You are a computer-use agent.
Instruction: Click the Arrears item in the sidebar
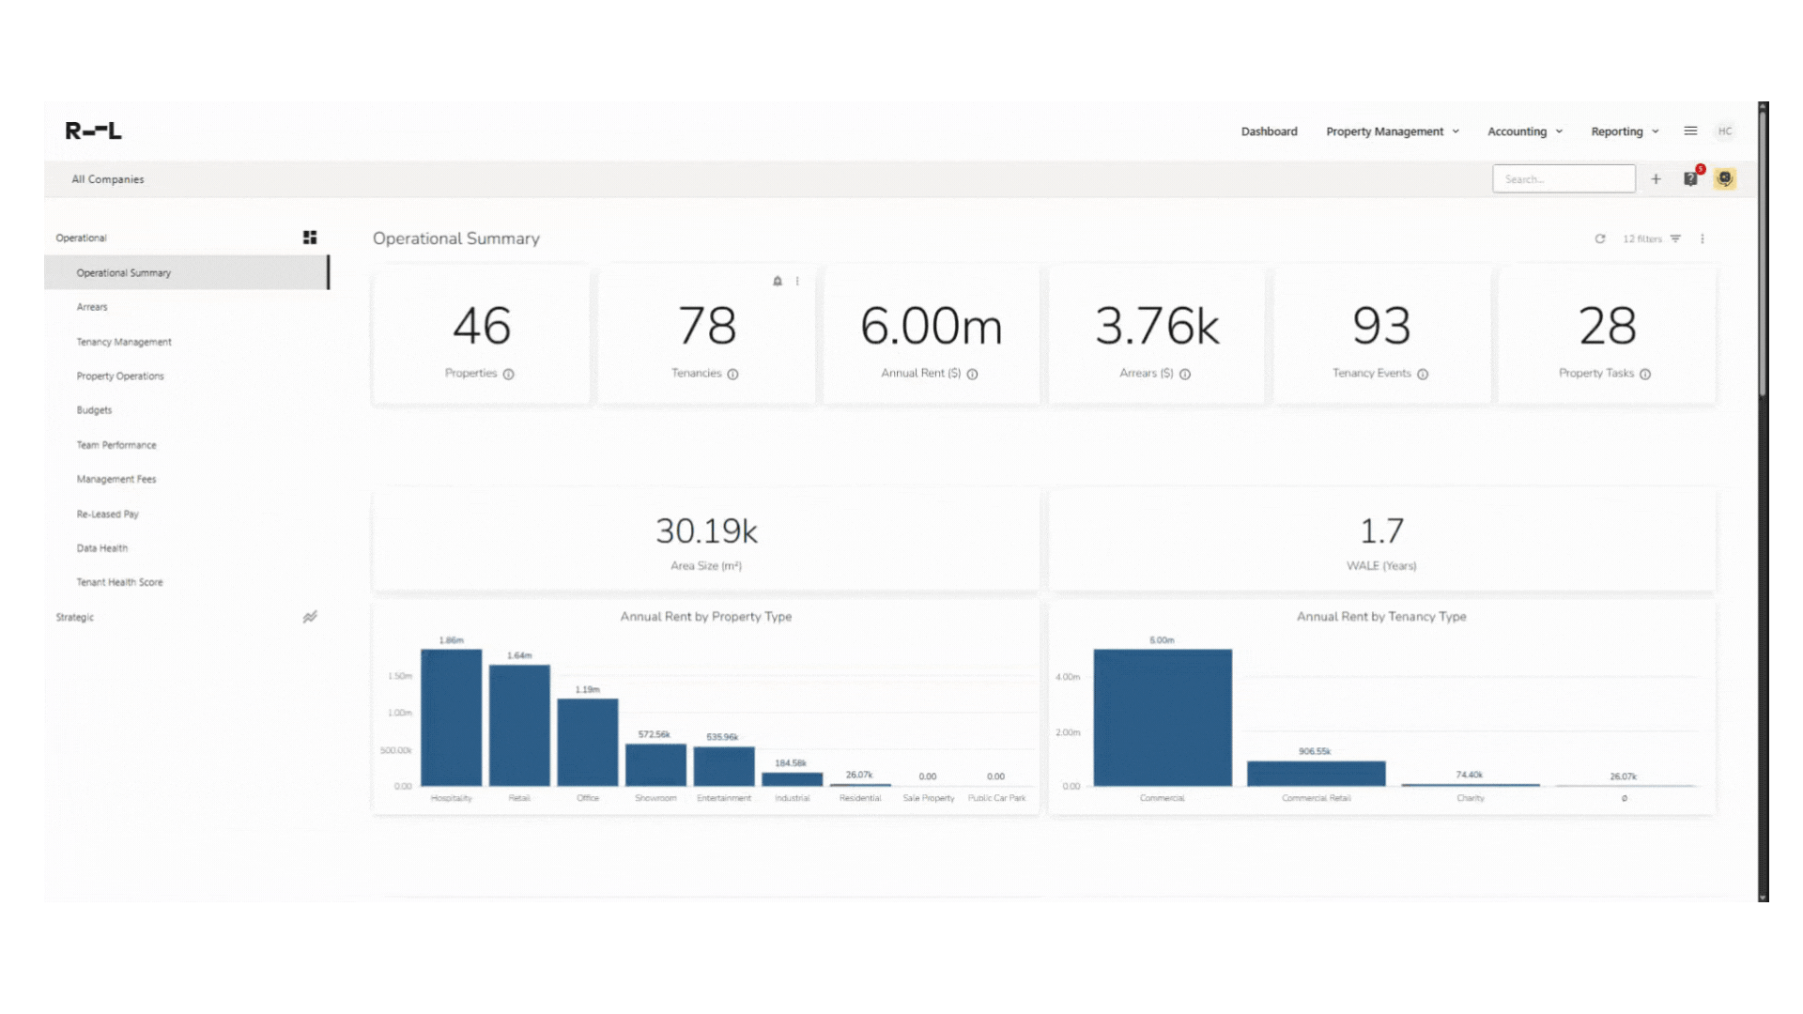[92, 307]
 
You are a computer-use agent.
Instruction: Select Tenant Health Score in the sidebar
[119, 582]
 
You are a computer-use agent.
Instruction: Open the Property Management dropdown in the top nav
[1392, 131]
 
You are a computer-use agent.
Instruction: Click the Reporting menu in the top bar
[1624, 131]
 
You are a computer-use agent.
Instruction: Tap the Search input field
[1563, 179]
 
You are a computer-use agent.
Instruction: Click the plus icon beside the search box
[1656, 179]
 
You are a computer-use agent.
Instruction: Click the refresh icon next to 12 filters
[1599, 238]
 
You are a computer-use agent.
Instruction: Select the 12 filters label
[1642, 238]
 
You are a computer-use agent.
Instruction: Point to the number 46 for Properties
[482, 327]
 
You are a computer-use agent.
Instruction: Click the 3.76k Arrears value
[1156, 327]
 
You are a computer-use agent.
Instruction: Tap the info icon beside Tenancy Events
[1423, 374]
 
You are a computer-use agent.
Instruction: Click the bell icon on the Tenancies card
[777, 281]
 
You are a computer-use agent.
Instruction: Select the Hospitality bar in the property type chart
[451, 718]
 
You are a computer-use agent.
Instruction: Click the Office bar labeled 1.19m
[587, 742]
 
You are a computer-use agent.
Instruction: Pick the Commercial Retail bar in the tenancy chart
[1316, 774]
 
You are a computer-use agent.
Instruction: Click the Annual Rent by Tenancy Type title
[1380, 617]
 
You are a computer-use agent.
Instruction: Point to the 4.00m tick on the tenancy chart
[1068, 677]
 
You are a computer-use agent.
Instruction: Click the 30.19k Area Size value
[706, 531]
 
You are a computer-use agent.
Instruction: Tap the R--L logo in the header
[93, 131]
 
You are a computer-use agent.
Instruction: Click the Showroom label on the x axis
[655, 798]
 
